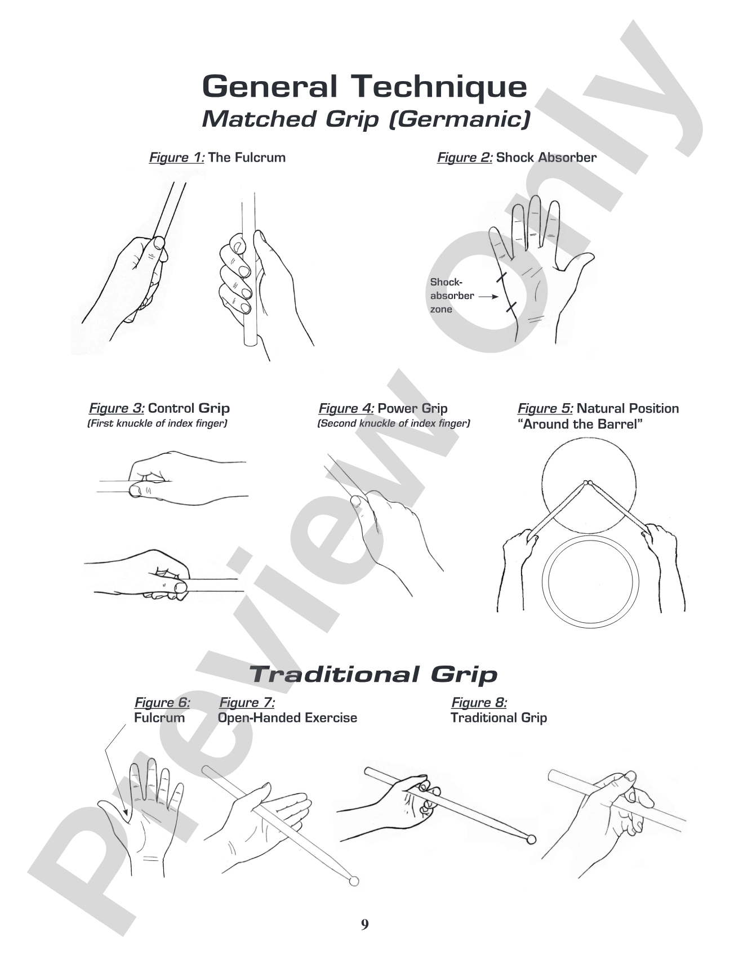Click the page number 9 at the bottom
coord(364,925)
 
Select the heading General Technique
coord(364,86)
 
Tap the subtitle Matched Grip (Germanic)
coord(366,119)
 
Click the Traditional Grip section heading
coord(373,674)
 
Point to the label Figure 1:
coord(177,158)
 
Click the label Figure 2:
coord(465,158)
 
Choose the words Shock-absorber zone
coord(452,296)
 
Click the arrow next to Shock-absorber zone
coord(488,296)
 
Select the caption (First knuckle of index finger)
coord(157,423)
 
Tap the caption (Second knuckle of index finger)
coord(394,423)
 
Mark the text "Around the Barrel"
coord(580,424)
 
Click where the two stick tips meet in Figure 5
coord(588,483)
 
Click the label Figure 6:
coord(162,703)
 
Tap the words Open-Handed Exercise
coord(287,718)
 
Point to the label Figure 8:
coord(479,703)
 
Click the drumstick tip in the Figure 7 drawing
coord(354,881)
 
